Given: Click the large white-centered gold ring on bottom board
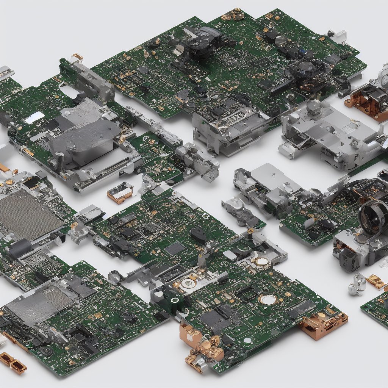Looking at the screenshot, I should tap(268, 299).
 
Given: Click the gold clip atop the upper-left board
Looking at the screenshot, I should tap(77, 57).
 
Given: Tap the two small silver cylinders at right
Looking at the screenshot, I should tap(356, 285).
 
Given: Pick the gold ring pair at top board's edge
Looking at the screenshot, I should tap(233, 14).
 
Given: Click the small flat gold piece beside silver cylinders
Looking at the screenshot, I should tap(375, 281).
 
